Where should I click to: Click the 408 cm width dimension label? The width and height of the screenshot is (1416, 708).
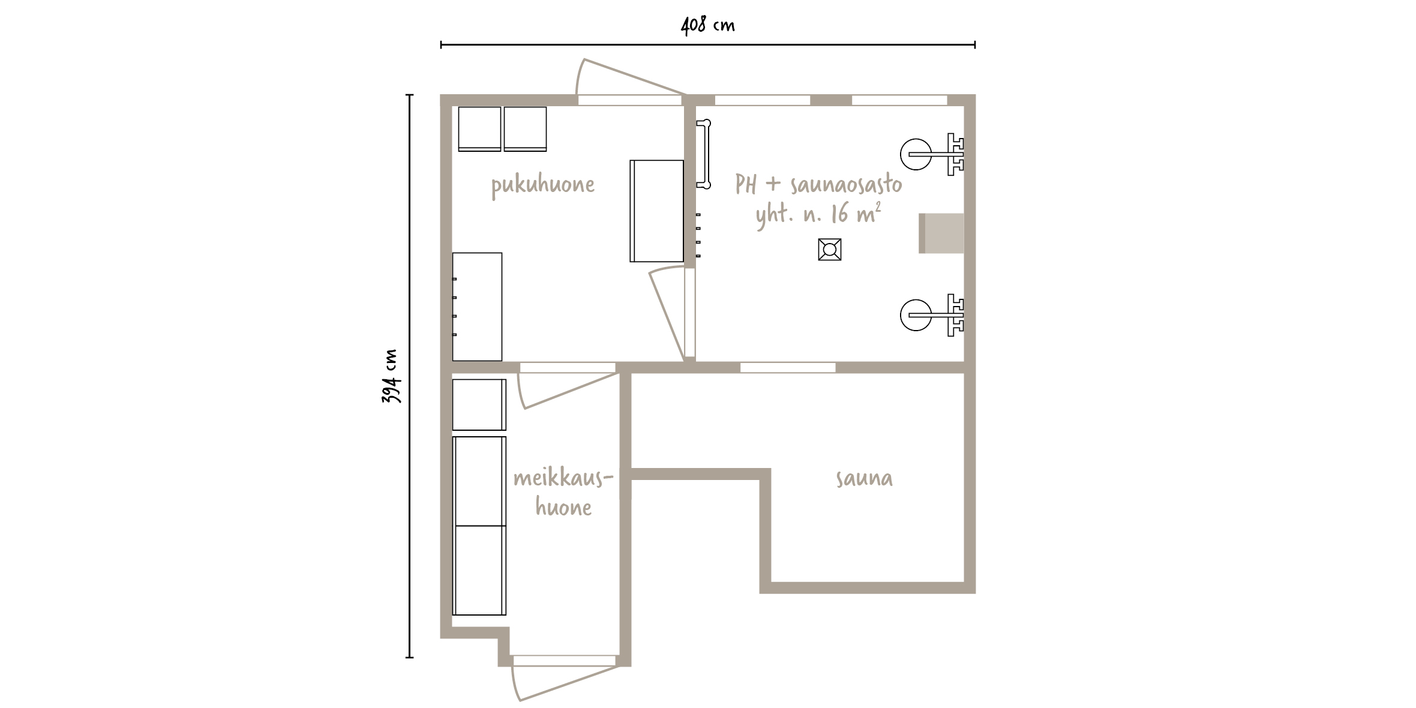pyautogui.click(x=708, y=26)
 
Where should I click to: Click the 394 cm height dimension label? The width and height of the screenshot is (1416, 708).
pyautogui.click(x=391, y=376)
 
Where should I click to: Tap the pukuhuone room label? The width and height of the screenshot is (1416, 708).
pyautogui.click(x=543, y=185)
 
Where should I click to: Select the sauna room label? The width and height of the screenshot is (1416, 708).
pyautogui.click(x=864, y=479)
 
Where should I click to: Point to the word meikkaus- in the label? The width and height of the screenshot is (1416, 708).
pyautogui.click(x=563, y=479)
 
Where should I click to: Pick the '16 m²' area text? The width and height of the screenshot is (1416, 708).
pyautogui.click(x=856, y=214)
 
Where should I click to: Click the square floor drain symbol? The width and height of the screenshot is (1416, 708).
pyautogui.click(x=829, y=249)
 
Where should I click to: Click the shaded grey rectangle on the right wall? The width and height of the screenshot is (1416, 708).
pyautogui.click(x=941, y=233)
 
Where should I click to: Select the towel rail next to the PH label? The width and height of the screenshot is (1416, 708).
pyautogui.click(x=704, y=154)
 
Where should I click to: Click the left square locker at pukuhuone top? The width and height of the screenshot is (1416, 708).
pyautogui.click(x=479, y=129)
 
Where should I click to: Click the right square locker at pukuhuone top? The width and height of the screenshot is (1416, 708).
pyautogui.click(x=525, y=129)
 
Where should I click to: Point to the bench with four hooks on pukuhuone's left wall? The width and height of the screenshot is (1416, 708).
pyautogui.click(x=477, y=307)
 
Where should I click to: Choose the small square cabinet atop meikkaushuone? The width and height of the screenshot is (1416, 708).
pyautogui.click(x=479, y=404)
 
